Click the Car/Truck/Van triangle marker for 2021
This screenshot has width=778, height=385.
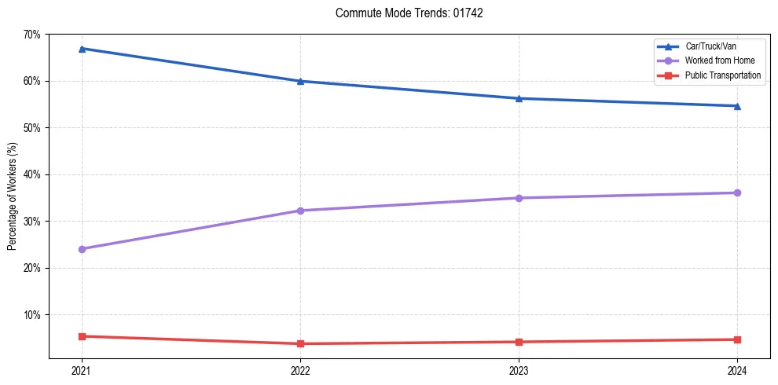tap(82, 49)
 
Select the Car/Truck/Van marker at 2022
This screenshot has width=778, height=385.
tap(300, 81)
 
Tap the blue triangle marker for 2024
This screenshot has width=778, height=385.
tap(737, 106)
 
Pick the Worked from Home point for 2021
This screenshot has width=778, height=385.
tap(82, 249)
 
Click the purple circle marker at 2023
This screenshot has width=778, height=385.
tap(519, 198)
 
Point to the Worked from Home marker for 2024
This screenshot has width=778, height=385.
tap(737, 192)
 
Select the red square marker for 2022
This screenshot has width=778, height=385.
tap(300, 343)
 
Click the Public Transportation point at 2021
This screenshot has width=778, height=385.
tap(82, 336)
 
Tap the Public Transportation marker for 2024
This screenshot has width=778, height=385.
tap(737, 339)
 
